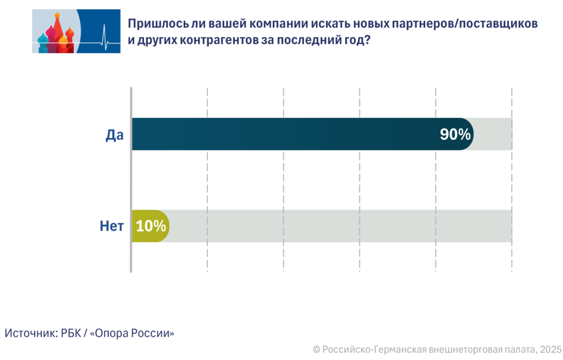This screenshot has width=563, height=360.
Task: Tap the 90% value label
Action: click(455, 135)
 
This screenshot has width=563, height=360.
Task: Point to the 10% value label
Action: click(151, 226)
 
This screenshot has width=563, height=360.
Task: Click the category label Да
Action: click(114, 135)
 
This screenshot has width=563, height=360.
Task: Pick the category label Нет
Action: click(112, 226)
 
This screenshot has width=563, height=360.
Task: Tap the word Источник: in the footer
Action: click(29, 333)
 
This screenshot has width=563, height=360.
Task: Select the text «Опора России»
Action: click(131, 333)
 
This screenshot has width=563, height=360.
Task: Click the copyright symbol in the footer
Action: click(316, 349)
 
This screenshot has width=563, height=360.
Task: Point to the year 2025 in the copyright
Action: click(550, 349)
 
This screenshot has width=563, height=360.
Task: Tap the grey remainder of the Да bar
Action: click(493, 134)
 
